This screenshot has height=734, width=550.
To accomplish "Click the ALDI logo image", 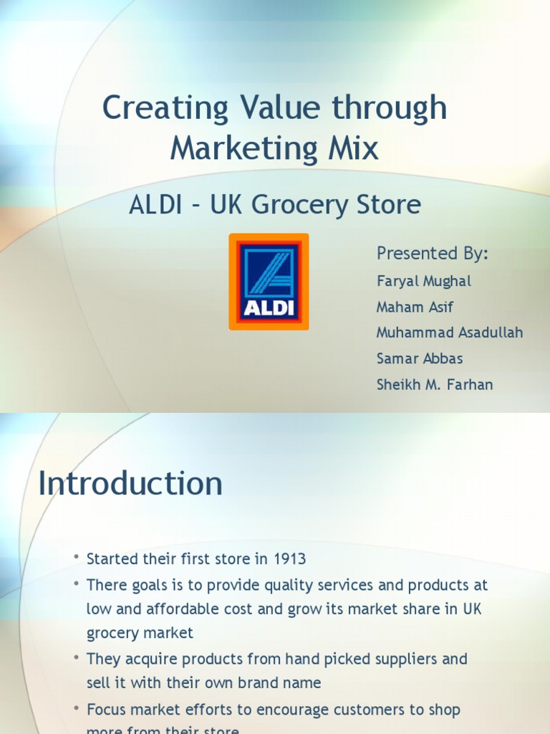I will tap(269, 282).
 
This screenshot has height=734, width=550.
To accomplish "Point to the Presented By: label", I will tap(433, 253).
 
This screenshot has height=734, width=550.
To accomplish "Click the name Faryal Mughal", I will tap(424, 281).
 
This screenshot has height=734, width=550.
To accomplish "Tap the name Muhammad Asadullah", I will tap(450, 333).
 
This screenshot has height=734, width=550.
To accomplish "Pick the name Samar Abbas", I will tap(419, 358).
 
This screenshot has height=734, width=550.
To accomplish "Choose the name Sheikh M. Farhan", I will tap(435, 384).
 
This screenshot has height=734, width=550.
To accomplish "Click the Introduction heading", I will tap(130, 484).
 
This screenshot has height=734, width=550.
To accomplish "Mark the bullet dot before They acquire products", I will tap(76, 658).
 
